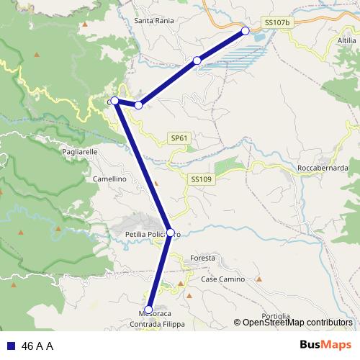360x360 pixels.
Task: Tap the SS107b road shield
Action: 277,23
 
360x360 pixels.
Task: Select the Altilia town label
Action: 346,41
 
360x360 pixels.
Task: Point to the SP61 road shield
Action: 179,138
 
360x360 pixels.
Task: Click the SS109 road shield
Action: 201,179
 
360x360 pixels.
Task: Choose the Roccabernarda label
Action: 323,169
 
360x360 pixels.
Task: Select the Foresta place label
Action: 203,258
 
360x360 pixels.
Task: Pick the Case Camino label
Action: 222,279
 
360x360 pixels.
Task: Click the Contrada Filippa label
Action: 157,325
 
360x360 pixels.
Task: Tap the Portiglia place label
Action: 276,316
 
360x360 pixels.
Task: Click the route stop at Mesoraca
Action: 149,310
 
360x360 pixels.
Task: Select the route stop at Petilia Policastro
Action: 171,233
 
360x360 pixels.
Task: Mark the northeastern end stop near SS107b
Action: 246,31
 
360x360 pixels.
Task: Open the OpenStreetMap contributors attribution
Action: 297,323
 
